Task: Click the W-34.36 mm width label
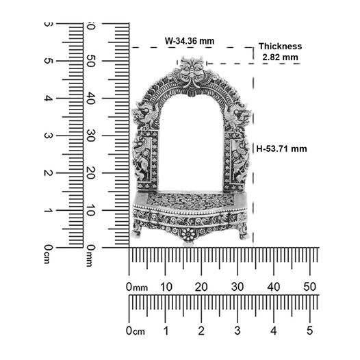pyautogui.click(x=190, y=41)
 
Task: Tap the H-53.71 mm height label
pyautogui.click(x=281, y=149)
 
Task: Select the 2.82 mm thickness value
pyautogui.click(x=280, y=57)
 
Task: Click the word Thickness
pyautogui.click(x=281, y=47)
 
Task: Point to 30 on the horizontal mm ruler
pyautogui.click(x=237, y=287)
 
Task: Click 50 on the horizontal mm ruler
pyautogui.click(x=310, y=287)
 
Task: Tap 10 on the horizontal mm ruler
pyautogui.click(x=166, y=287)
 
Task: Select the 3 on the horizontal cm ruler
pyautogui.click(x=237, y=331)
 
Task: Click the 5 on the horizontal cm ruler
pyautogui.click(x=310, y=331)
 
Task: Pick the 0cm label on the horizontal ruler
pyautogui.click(x=136, y=331)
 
